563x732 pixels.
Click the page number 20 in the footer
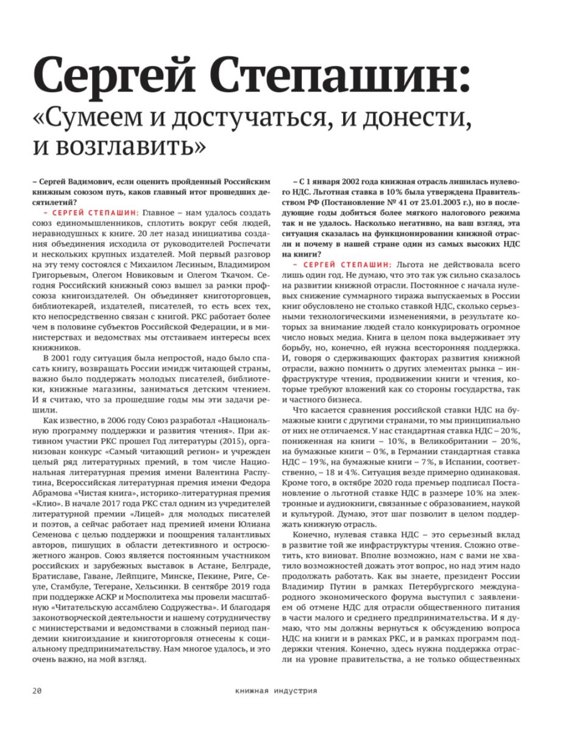37,691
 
